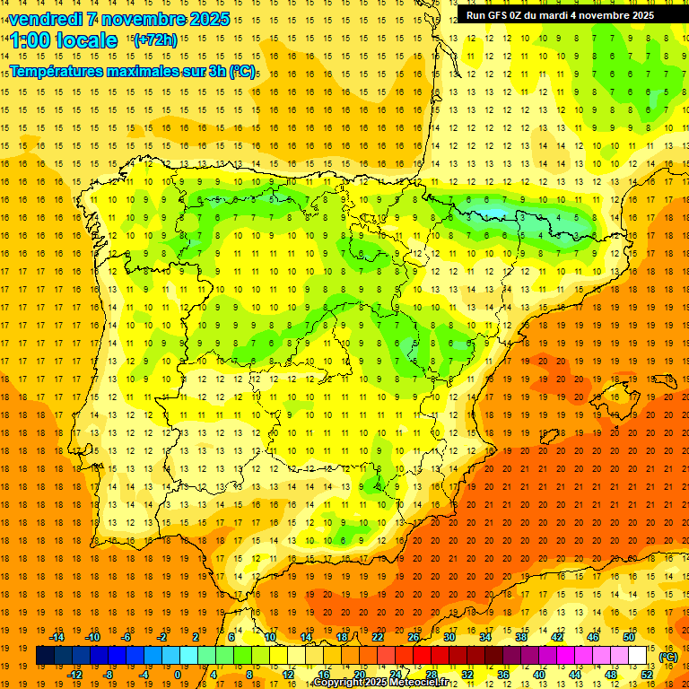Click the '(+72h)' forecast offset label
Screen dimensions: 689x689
[x=155, y=40]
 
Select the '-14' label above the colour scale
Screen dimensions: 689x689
[x=57, y=637]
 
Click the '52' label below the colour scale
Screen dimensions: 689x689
[x=647, y=675]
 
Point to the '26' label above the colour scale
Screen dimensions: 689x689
[x=414, y=637]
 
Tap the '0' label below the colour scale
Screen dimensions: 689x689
[x=177, y=675]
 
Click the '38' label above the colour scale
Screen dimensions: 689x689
[x=521, y=637]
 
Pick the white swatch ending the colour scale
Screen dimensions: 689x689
[x=638, y=656]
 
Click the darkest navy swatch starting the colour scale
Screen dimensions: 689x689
[x=46, y=656]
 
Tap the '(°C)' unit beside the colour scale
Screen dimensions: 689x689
[x=667, y=657]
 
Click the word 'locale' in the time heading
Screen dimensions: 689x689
[x=86, y=40]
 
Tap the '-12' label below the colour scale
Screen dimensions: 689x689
[x=74, y=675]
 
